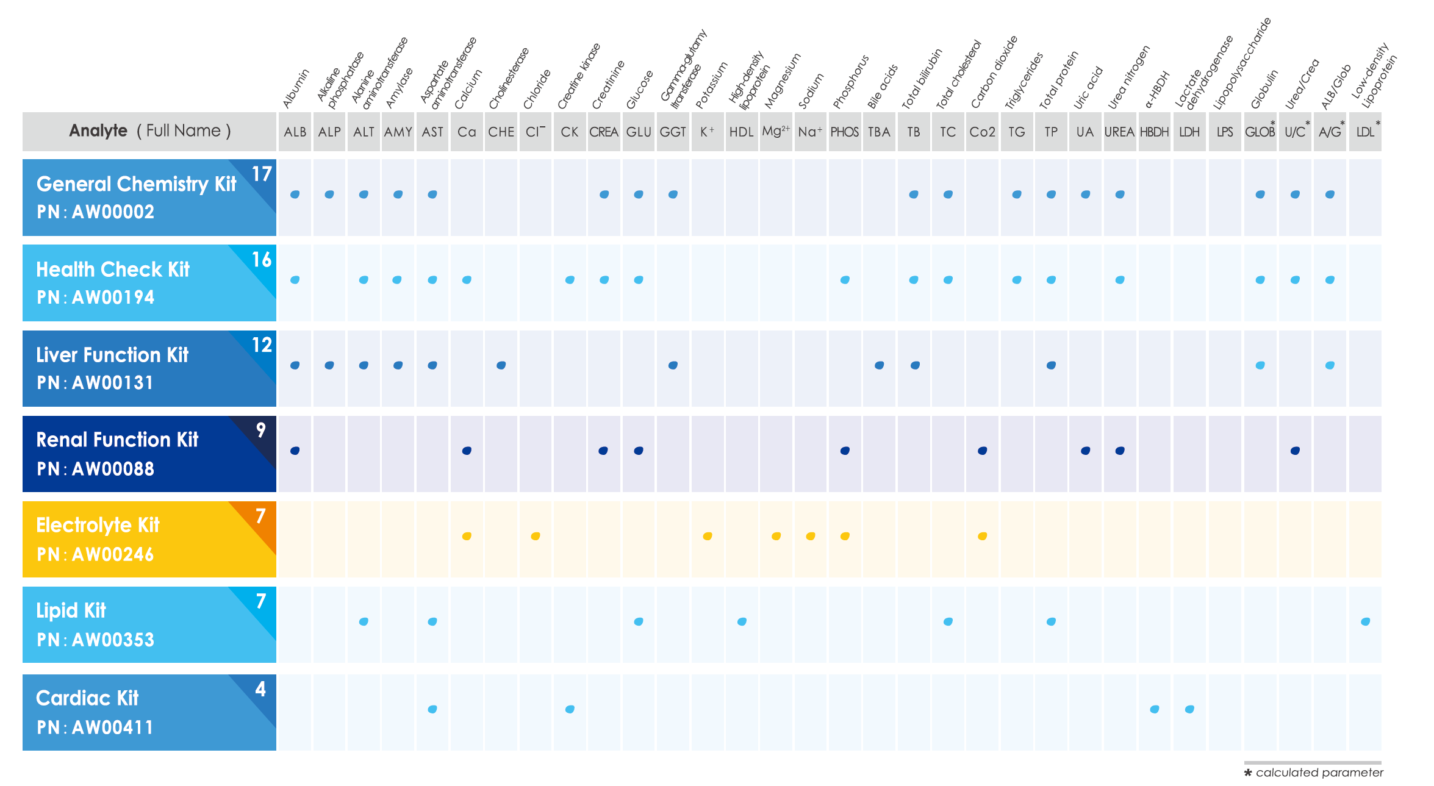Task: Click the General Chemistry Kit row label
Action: point(136,184)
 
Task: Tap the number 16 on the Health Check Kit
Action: point(262,260)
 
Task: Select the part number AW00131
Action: point(113,383)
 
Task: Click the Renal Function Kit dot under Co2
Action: point(982,451)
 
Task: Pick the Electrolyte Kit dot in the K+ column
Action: point(708,536)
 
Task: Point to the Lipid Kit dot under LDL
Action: point(1365,621)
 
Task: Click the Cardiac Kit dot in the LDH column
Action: point(1189,709)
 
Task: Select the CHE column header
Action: point(501,132)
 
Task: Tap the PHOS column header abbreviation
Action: point(844,132)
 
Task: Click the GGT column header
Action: point(673,132)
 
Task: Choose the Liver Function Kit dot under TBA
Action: point(879,365)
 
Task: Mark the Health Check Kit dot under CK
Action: point(570,280)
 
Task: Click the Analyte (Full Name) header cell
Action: point(149,131)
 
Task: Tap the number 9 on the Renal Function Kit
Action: point(260,430)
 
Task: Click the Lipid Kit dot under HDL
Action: point(742,621)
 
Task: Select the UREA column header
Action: point(1119,132)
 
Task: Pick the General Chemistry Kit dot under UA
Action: point(1085,195)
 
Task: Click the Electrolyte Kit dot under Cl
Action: point(536,536)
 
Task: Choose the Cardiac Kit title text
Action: point(87,698)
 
